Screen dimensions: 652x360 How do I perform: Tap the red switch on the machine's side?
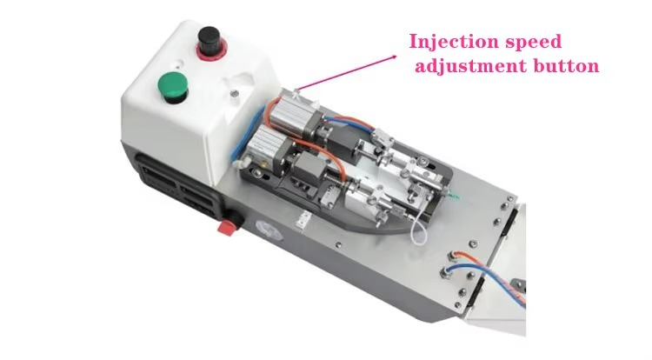pos(227,227)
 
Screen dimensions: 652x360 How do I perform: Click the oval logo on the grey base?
pos(269,229)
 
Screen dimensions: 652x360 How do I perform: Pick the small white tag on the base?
pos(303,220)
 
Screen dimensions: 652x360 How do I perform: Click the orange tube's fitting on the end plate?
pos(451,257)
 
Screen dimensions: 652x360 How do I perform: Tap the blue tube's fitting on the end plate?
pos(445,272)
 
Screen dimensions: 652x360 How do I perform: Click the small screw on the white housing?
pos(235,93)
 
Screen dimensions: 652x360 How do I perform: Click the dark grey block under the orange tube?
pos(309,165)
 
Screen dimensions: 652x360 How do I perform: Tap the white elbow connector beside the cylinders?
pos(239,163)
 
